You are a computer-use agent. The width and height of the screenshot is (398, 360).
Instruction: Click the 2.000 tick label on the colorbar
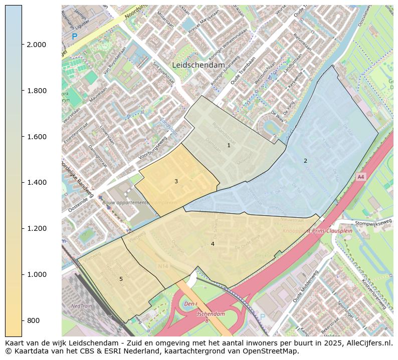[x=36, y=45]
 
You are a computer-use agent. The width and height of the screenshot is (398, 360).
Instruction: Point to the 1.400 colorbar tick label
[x=36, y=182]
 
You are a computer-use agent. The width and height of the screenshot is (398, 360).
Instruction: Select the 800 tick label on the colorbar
[x=33, y=320]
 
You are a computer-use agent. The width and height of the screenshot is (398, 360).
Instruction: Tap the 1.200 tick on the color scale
[x=36, y=228]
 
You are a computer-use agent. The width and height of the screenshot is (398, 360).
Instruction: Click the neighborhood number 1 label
[x=229, y=146]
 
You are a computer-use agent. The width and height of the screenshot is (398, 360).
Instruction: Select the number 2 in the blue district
[x=305, y=161]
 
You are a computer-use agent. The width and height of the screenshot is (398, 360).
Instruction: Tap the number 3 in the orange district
[x=176, y=181]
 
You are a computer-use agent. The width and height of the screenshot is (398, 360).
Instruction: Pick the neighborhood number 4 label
[x=213, y=244]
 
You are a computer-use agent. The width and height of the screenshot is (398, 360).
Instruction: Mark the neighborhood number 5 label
[x=121, y=279]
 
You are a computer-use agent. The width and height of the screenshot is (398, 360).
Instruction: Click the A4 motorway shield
[x=360, y=177]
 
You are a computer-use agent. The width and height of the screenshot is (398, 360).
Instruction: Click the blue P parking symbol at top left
[x=75, y=37]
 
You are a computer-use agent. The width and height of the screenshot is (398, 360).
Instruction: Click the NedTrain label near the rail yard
[x=81, y=305]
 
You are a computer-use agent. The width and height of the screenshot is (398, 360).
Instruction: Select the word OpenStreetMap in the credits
[x=272, y=351]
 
